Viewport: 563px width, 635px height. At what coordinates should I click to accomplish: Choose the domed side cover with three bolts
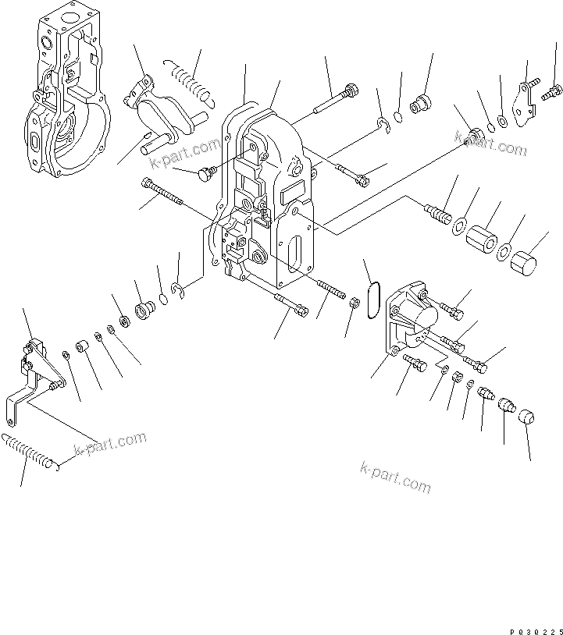(412, 319)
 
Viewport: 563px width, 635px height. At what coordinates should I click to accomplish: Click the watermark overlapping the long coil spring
(109, 445)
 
